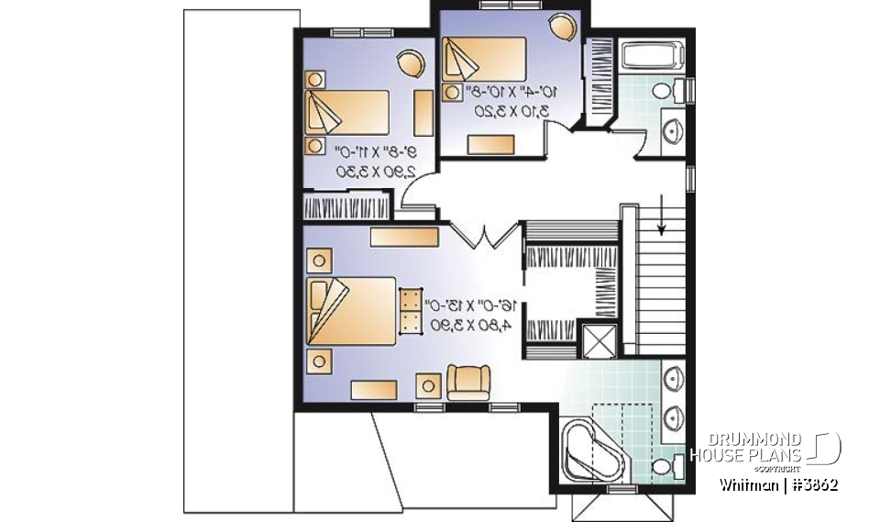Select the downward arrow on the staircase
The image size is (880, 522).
pos(662,217)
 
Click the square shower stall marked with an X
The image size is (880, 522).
pos(600,340)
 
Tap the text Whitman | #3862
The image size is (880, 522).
pos(778,483)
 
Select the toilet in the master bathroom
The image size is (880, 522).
pos(666,468)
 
